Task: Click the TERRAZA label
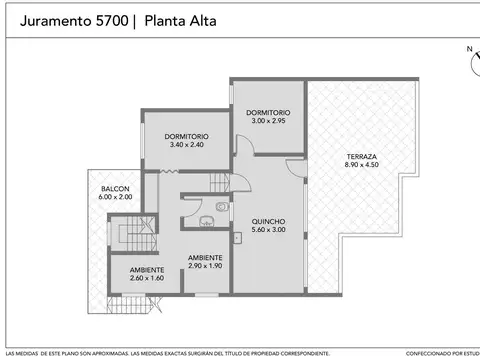pyautogui.click(x=362, y=157)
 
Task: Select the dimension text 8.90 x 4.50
pyautogui.click(x=362, y=165)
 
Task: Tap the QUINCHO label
pyautogui.click(x=269, y=221)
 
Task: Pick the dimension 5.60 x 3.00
pyautogui.click(x=269, y=230)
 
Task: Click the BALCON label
pyautogui.click(x=114, y=189)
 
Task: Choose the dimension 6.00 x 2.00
pyautogui.click(x=114, y=197)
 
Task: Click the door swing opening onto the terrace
pyautogui.click(x=295, y=170)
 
